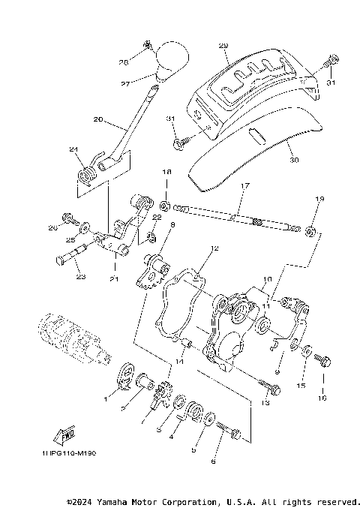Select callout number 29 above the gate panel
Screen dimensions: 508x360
tap(223, 46)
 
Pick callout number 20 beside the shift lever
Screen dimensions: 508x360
tap(98, 119)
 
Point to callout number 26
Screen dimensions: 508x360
tap(53, 227)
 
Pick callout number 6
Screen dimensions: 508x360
tap(213, 461)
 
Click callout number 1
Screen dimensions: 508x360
tap(106, 400)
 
